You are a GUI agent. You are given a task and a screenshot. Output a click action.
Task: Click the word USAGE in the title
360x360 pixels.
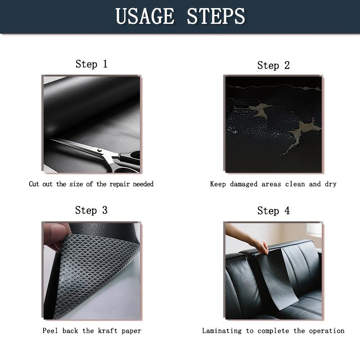coord(144,17)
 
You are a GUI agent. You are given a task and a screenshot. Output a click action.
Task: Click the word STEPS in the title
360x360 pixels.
coord(216,17)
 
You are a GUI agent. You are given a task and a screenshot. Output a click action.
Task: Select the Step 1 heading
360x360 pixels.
coord(91,64)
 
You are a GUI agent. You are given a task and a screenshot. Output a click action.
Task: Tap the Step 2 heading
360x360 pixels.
coord(274,65)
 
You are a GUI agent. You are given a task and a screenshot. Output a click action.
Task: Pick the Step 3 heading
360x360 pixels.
coord(91,210)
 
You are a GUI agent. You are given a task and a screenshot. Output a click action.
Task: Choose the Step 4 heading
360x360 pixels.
coord(274,211)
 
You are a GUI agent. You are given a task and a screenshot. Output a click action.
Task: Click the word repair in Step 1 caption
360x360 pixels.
coord(119,184)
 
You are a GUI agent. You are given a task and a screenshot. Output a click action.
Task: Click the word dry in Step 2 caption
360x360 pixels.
coord(330,184)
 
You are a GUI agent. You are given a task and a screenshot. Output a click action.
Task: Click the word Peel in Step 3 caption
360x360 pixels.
coord(50,331)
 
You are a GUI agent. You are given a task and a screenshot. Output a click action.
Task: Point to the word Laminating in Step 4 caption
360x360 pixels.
coord(222,331)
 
